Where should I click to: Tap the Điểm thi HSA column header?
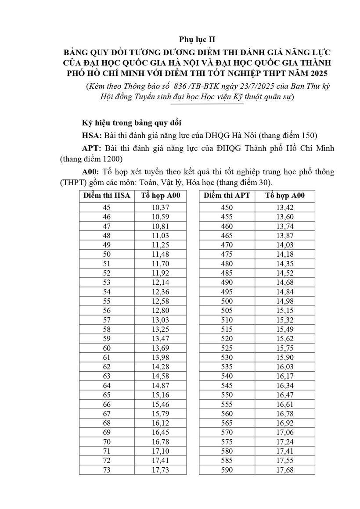pyautogui.click(x=107, y=196)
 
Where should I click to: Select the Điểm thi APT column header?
pyautogui.click(x=227, y=196)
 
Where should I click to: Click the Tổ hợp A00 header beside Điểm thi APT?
pyautogui.click(x=284, y=196)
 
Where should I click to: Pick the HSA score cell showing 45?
pyautogui.click(x=107, y=208)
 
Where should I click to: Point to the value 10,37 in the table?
pyautogui.click(x=160, y=208)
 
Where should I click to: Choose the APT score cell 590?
pyautogui.click(x=227, y=470)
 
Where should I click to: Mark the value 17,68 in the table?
pyautogui.click(x=284, y=470)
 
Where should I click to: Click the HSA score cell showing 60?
pyautogui.click(x=107, y=348)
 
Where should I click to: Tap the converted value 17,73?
pyautogui.click(x=160, y=470)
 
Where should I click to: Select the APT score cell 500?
pyautogui.click(x=227, y=301)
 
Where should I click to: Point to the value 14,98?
pyautogui.click(x=284, y=301)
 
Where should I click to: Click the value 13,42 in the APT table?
pyautogui.click(x=284, y=208)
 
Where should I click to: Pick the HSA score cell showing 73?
pyautogui.click(x=107, y=470)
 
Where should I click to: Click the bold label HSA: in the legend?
pyautogui.click(x=92, y=135)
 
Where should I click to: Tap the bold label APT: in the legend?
pyautogui.click(x=91, y=148)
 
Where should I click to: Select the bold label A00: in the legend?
pyautogui.click(x=91, y=172)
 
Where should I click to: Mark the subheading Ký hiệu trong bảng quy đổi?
pyautogui.click(x=132, y=122)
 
